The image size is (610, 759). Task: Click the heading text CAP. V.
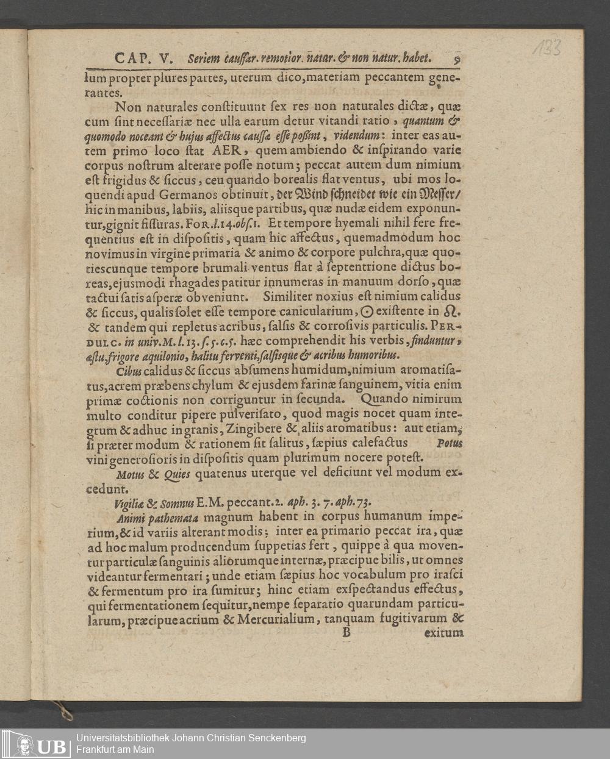tap(143, 59)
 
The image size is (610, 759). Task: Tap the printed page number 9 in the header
tap(457, 59)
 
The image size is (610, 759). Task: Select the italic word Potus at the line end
tap(450, 443)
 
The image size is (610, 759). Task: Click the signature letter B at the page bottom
tap(346, 633)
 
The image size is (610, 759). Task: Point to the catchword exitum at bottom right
tap(443, 633)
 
